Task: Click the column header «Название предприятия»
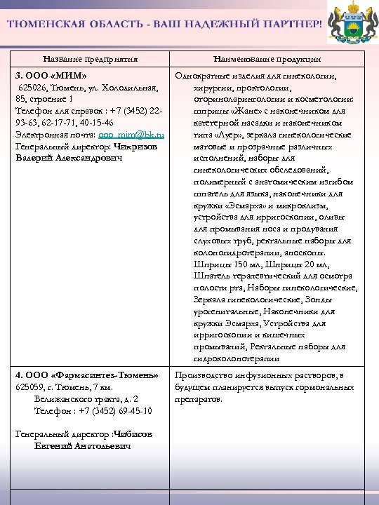coord(90,60)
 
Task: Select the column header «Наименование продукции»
coord(267,60)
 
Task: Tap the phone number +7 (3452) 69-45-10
coord(114,410)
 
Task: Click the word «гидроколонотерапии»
coord(232,358)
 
